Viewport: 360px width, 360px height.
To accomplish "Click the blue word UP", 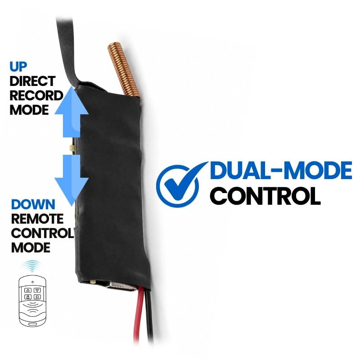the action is [x=18, y=67].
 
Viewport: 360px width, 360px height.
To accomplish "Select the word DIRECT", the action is [x=32, y=81].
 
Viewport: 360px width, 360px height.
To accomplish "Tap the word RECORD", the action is [x=36, y=95].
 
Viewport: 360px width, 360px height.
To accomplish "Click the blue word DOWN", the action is [x=33, y=204].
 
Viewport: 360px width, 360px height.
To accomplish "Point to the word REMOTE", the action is [x=37, y=219].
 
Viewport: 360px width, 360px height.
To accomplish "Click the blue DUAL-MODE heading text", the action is [x=281, y=170].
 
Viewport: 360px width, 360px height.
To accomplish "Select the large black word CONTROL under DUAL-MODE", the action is [x=265, y=196].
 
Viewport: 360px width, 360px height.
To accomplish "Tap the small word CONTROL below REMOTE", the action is [x=42, y=233].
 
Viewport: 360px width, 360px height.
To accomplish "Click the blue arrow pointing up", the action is [x=72, y=112].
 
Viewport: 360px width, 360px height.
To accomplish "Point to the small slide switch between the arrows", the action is [x=72, y=147].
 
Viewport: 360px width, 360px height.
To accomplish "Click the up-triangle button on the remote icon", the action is [x=28, y=290].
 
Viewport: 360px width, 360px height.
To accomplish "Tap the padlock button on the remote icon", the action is [x=28, y=297].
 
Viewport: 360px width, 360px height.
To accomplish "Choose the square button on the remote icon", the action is [x=37, y=297].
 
